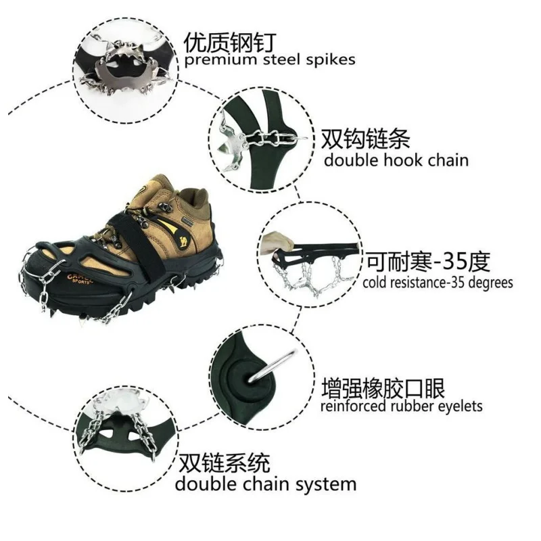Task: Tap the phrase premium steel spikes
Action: tap(270, 60)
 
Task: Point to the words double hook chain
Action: tap(396, 160)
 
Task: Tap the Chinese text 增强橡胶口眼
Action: tap(383, 388)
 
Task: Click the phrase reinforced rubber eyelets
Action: tap(401, 406)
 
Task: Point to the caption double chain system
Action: tap(265, 484)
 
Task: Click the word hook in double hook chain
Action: tap(406, 160)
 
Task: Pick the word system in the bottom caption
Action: tap(328, 484)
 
